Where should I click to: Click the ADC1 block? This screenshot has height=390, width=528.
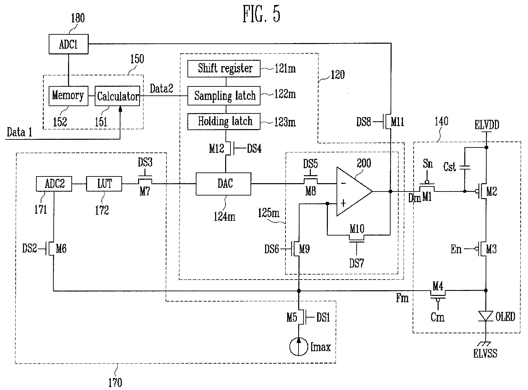coord(68,44)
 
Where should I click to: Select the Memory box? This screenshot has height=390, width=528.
coord(68,96)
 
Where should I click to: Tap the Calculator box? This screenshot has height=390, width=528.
coord(117,96)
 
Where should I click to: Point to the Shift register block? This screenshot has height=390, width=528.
coord(225,68)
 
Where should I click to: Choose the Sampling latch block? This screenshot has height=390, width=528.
coord(225,96)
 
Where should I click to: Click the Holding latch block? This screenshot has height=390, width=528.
coord(225,121)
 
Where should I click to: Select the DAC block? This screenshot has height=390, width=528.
coord(223,183)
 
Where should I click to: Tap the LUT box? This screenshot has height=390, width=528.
coord(104,184)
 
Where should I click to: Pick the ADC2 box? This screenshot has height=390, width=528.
coord(54,184)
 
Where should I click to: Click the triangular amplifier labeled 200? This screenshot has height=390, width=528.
coord(352,191)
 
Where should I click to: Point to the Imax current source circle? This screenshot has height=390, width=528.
coord(298,347)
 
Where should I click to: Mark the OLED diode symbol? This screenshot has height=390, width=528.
coord(486,316)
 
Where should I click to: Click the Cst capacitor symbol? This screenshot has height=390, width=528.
coord(464,167)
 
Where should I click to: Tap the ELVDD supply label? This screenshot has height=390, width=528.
coord(487,125)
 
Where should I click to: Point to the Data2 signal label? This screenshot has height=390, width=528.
coord(161,89)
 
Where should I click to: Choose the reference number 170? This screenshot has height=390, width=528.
coord(115,382)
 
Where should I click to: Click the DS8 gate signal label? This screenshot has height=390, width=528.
coord(363,122)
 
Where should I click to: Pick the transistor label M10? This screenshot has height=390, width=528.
coord(357,229)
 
